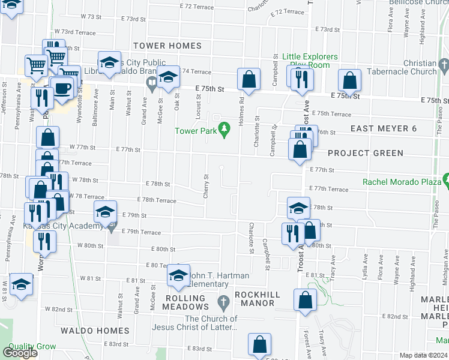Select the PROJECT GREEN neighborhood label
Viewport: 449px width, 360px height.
[x=366, y=153]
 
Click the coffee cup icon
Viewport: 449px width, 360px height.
[x=62, y=88]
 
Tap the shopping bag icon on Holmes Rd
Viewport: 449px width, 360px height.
[x=249, y=78]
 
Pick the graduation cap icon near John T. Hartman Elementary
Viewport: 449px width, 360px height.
[x=178, y=275]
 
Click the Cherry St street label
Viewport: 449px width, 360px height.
[x=205, y=188]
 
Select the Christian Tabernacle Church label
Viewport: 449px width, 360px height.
[x=412, y=67]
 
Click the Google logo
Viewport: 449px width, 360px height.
[x=19, y=353]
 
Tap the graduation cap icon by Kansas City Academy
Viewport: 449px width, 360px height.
[x=105, y=211]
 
